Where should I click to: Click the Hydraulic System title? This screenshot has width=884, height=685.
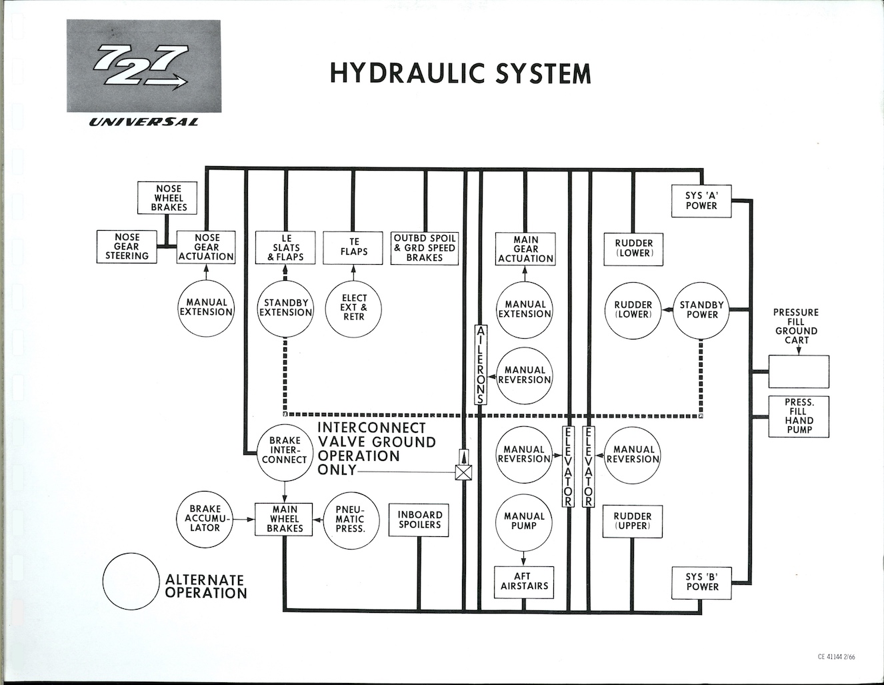460,73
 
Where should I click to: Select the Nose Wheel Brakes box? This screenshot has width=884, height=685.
168,198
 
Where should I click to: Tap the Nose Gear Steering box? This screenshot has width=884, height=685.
127,247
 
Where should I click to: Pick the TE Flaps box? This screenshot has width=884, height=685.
353,247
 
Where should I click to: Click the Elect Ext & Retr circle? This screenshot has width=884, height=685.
353,307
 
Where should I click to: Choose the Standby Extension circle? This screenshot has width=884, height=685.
285,307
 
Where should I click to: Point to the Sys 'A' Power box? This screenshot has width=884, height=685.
701,201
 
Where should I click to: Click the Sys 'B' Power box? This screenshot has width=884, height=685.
701,582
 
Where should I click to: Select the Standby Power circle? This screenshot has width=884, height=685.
701,309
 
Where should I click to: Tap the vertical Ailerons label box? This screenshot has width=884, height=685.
481,364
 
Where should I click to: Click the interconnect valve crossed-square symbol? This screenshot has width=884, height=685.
463,472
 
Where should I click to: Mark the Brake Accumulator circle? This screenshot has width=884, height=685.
205,518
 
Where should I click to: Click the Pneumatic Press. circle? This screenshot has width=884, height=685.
350,518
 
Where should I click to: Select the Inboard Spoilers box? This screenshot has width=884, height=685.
419,520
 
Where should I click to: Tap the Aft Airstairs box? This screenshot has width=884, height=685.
524,582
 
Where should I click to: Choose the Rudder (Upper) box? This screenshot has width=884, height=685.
632,520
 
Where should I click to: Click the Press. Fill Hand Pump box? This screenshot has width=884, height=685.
798,416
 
